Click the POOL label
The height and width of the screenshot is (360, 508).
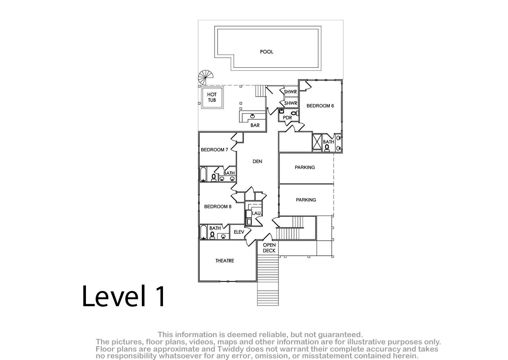(x=266, y=52)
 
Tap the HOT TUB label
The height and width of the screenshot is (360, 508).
(x=212, y=97)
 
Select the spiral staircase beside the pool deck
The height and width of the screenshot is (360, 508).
(x=206, y=78)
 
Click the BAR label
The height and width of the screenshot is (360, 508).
(x=255, y=125)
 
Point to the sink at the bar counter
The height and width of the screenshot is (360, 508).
(x=252, y=116)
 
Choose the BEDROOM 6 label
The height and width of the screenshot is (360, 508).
(x=320, y=106)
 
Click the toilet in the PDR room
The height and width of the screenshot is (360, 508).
(x=295, y=113)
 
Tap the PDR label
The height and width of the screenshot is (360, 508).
(x=287, y=118)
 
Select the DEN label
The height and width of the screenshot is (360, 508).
(x=257, y=161)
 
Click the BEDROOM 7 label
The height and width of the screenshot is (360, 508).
(x=214, y=150)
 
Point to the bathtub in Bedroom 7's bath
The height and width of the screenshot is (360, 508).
(x=203, y=174)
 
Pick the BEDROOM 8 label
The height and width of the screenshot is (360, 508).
(x=218, y=206)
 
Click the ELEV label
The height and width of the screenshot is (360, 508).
(x=239, y=232)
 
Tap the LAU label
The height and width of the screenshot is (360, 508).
(x=256, y=213)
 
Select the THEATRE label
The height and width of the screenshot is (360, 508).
(x=224, y=260)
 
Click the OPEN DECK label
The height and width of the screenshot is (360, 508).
(x=269, y=248)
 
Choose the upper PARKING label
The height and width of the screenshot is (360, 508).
(x=304, y=167)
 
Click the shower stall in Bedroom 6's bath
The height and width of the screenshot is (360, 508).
(x=317, y=142)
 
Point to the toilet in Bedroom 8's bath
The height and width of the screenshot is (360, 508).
(x=212, y=235)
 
